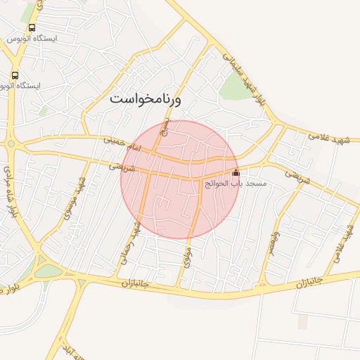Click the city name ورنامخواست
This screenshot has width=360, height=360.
point(146,100)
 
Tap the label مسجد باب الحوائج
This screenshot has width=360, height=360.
point(235,183)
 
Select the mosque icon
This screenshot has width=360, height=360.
point(236,172)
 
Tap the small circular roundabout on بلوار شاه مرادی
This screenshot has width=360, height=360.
point(12,144)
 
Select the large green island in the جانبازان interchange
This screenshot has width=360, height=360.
point(48,271)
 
